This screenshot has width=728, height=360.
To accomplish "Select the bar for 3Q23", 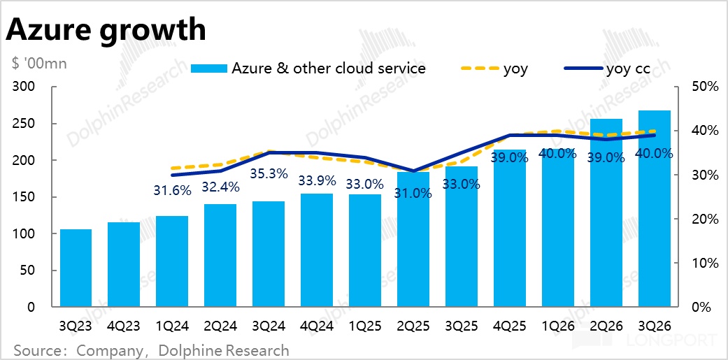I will click(76, 268).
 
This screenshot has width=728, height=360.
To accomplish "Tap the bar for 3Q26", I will click(655, 210).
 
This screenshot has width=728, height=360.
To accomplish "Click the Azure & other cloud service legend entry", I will click(308, 69).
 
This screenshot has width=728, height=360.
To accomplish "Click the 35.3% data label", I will click(269, 173).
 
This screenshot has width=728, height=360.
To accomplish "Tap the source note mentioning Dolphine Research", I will click(151, 350).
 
